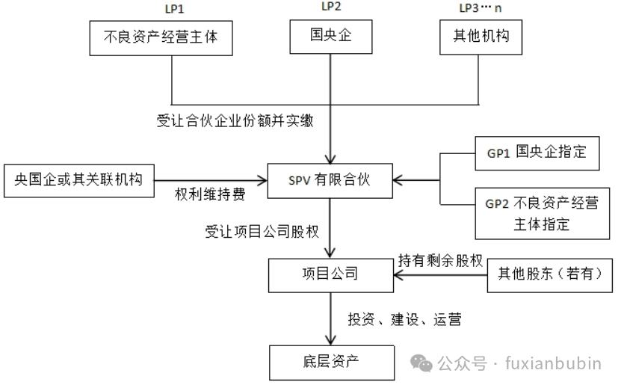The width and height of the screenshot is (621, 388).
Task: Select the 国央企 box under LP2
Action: coord(330,37)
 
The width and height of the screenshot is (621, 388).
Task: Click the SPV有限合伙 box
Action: coord(330,180)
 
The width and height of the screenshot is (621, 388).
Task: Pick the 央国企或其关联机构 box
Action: coord(78,179)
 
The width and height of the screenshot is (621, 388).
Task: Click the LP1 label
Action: coord(173,8)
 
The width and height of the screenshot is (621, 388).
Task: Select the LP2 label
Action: coord(330,7)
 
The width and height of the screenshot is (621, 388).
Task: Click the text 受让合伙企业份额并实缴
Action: coord(234,120)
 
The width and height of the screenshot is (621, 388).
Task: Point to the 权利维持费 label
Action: coord(209,194)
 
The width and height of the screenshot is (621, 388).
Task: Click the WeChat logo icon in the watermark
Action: coord(424,364)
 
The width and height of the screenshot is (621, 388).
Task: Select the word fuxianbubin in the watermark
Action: coord(554,364)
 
